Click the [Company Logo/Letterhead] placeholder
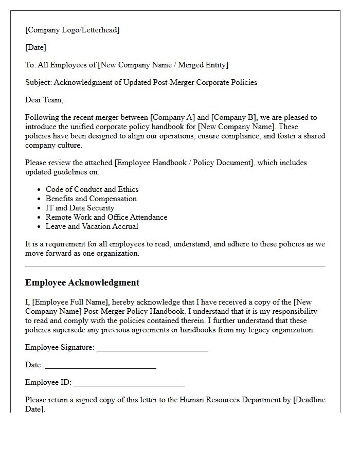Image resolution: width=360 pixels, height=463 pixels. (73, 30)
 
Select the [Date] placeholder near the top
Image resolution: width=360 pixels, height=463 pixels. (35, 47)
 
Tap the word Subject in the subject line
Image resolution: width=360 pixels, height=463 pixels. (38, 82)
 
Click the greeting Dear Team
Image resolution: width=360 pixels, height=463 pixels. (44, 100)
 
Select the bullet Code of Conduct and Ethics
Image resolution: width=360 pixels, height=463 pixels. (92, 189)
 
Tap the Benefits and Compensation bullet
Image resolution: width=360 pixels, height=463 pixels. (91, 199)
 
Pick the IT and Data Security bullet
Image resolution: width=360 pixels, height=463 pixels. (80, 208)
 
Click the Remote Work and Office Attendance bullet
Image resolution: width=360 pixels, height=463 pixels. (106, 217)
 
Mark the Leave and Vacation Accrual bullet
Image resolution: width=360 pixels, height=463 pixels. (92, 226)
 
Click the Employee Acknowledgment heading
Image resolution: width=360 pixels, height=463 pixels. (82, 282)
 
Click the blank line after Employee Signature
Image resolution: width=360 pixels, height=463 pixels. (152, 349)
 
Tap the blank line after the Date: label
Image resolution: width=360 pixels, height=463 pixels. (100, 366)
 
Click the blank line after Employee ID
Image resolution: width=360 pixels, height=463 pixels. (129, 384)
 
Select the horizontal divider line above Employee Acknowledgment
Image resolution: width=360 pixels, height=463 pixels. (175, 266)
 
